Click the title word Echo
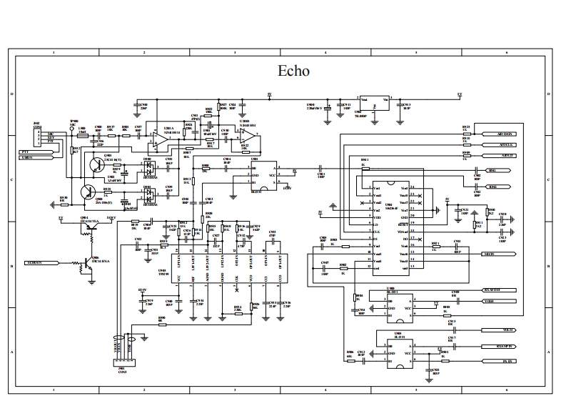tap(293, 71)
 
